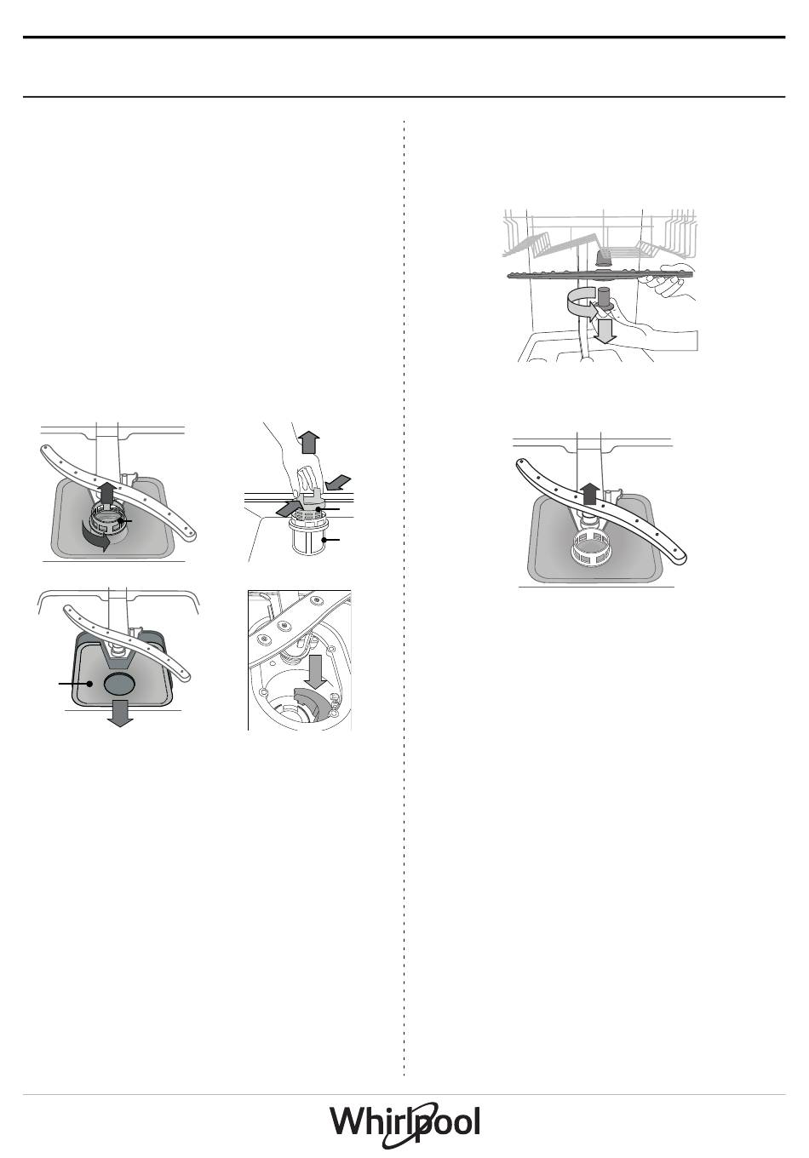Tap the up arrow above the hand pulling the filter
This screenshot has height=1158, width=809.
pyautogui.click(x=309, y=443)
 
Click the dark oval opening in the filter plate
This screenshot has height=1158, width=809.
pyautogui.click(x=119, y=684)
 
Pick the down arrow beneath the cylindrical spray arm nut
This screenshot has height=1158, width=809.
pyautogui.click(x=603, y=330)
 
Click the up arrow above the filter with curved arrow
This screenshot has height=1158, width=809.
pyautogui.click(x=106, y=493)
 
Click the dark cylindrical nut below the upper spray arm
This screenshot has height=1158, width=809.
pyautogui.click(x=605, y=299)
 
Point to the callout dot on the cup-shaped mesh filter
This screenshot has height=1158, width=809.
pyautogui.click(x=324, y=540)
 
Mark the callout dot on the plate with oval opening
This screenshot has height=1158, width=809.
pyautogui.click(x=90, y=684)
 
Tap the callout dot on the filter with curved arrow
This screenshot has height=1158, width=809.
pyautogui.click(x=119, y=520)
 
